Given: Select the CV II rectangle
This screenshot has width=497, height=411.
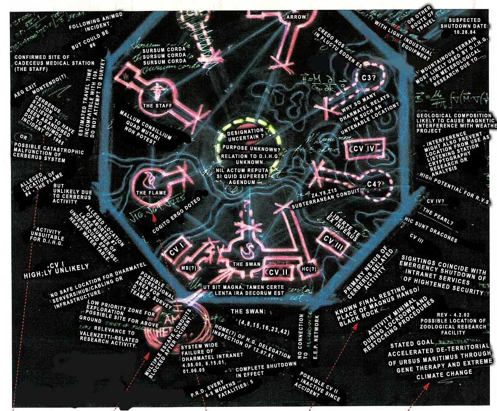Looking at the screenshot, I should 276,272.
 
